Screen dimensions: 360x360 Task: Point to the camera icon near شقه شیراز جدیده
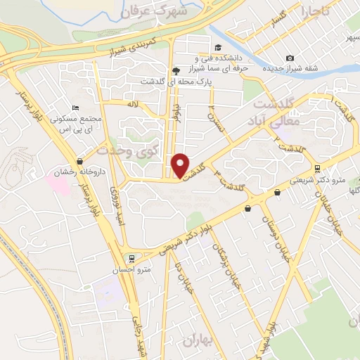point(290,58)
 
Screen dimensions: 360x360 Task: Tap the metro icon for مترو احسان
point(127,257)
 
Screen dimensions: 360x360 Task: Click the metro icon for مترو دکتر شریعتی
point(317,168)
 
